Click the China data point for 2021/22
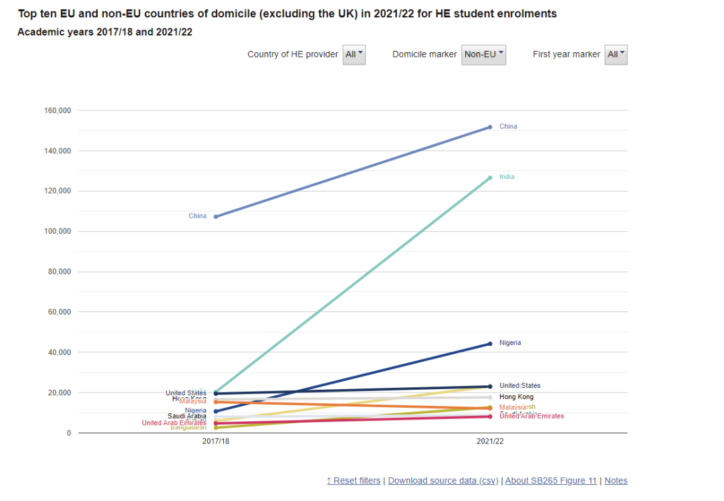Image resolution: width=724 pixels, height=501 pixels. [490, 127]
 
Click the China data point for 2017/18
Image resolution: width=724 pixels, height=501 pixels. [216, 216]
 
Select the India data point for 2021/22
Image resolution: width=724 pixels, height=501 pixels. [490, 177]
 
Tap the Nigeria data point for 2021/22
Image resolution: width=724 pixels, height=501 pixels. [490, 344]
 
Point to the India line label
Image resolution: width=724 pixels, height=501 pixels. [507, 177]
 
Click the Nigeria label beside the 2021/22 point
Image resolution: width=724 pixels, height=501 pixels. [509, 343]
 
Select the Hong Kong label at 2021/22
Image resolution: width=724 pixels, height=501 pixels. [516, 397]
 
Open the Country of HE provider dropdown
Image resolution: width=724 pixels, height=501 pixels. [354, 54]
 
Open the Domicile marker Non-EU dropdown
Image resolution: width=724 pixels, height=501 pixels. [483, 54]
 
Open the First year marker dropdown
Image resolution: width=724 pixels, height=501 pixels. [615, 54]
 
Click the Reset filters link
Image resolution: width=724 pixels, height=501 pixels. [353, 480]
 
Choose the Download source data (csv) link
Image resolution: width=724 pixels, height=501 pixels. [443, 480]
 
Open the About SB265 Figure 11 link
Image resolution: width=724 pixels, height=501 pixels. [551, 480]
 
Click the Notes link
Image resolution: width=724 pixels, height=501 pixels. [616, 480]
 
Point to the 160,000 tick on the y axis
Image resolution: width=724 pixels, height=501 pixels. [57, 111]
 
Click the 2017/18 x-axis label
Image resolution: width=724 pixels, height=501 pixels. [216, 442]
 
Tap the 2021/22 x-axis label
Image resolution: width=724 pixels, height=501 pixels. [490, 442]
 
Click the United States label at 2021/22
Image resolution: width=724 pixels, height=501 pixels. [520, 386]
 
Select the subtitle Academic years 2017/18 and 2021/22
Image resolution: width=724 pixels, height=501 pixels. [105, 31]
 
